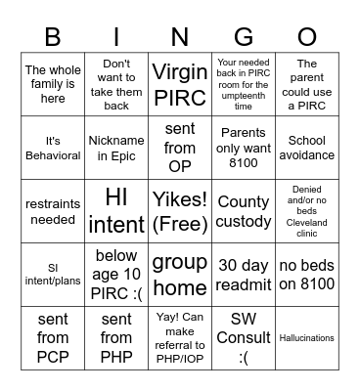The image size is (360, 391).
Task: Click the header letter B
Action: pos(53,36)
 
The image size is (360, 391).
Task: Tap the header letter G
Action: pos(245,36)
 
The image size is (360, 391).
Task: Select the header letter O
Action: pos(307,36)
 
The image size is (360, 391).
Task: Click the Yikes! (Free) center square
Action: pos(180,211)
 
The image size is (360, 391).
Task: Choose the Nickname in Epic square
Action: pos(116,149)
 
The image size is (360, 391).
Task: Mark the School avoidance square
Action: pos(307,149)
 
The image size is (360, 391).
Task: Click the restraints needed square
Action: pos(53,211)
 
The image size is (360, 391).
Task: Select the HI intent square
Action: pos(116,211)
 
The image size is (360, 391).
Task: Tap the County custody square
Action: pos(244,211)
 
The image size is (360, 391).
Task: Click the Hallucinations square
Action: pos(307,338)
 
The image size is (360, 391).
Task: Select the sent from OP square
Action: pos(180,149)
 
